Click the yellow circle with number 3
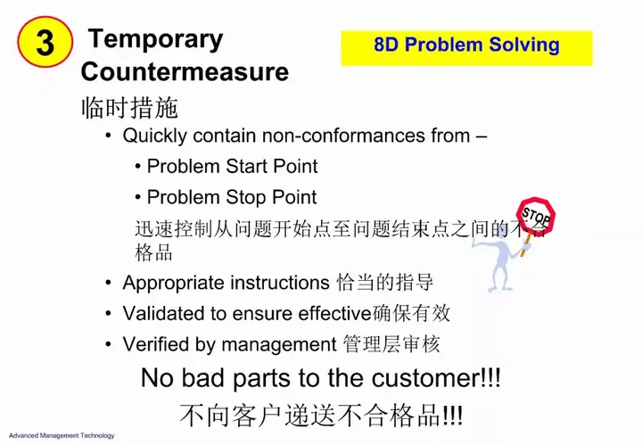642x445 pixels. click(45, 42)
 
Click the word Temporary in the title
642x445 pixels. click(155, 40)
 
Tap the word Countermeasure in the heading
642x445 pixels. click(185, 71)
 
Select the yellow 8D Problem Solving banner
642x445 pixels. click(466, 48)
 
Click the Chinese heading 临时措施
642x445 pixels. click(130, 108)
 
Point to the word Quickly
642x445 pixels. click(155, 136)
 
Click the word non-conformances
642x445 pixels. click(343, 136)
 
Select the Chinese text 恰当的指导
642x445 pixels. click(384, 283)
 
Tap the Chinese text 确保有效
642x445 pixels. click(411, 313)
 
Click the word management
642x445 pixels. click(279, 345)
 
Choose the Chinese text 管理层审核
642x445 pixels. click(391, 344)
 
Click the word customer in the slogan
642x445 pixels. click(427, 378)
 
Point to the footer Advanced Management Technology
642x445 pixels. click(62, 435)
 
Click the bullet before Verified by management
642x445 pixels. click(108, 344)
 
